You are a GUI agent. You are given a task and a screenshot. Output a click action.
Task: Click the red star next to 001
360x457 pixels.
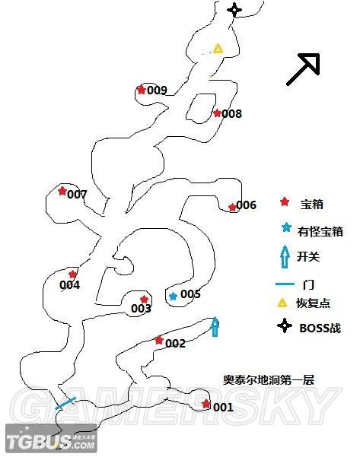coord(206,404)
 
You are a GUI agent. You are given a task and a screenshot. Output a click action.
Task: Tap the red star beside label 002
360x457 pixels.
coord(158,340)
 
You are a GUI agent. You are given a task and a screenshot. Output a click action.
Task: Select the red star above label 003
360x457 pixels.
coord(144,300)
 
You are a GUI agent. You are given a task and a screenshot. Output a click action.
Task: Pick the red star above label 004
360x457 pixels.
coord(73,275)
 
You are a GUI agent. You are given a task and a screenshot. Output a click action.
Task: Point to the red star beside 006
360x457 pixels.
coord(232,207)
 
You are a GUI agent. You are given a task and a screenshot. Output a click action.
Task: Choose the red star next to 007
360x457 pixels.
coord(62,192)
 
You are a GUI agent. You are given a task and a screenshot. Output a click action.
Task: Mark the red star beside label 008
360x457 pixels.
coord(217,113)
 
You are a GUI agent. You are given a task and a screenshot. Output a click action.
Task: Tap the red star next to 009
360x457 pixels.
coord(141,90)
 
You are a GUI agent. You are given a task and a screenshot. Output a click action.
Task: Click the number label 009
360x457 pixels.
coord(157,90)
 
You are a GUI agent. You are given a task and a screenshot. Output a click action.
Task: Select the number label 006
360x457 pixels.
coord(247,205)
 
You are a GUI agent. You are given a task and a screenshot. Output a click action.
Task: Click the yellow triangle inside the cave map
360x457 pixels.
coord(218,49)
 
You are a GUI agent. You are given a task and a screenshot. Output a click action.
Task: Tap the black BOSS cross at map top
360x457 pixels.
coord(234,10)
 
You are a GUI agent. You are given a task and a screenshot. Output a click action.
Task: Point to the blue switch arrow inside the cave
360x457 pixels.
coord(215,326)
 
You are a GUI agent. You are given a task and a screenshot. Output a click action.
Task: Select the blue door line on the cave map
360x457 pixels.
coord(65,403)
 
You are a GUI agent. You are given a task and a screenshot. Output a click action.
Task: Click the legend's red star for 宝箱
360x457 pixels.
coord(285,202)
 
